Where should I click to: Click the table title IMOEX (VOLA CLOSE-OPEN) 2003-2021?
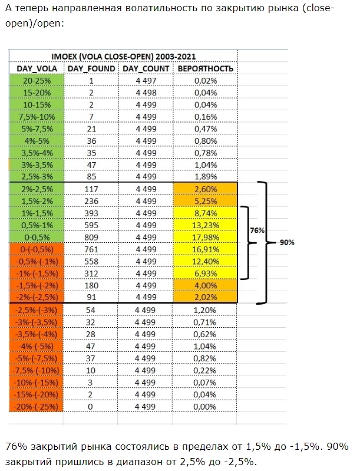click(x=123, y=56)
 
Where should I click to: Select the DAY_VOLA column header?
click(x=37, y=68)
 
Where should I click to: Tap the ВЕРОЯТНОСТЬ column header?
click(x=206, y=68)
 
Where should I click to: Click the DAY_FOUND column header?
click(x=91, y=68)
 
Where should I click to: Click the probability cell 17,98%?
click(x=205, y=237)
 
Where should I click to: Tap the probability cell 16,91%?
click(x=205, y=249)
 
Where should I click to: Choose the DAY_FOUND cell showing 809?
click(x=91, y=237)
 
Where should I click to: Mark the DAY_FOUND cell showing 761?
click(x=91, y=249)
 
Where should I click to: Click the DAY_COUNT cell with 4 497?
click(x=146, y=81)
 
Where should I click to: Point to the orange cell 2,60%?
click(x=205, y=189)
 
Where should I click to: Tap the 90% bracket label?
click(x=286, y=242)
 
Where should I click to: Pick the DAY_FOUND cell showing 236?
click(x=91, y=201)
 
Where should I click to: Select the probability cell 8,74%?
click(x=205, y=213)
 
